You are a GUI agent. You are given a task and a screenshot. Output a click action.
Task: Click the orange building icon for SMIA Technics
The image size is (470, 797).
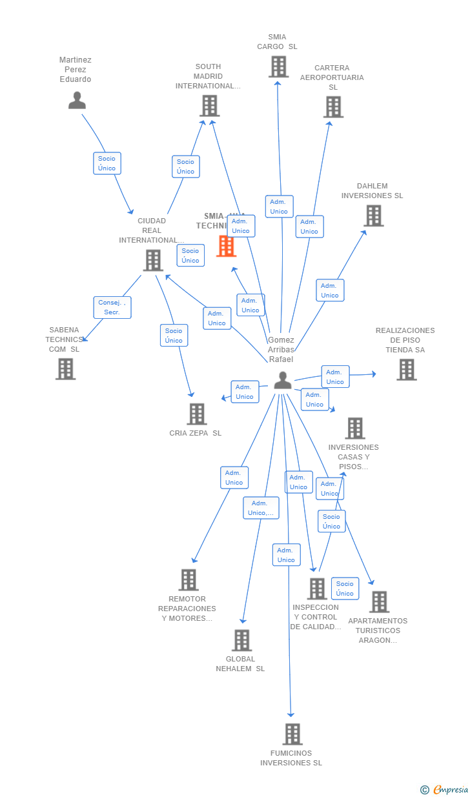click(x=226, y=246)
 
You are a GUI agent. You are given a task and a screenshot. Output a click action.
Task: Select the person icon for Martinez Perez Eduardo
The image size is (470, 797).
click(x=77, y=101)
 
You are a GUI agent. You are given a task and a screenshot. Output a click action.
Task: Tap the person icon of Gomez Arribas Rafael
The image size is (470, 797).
click(x=283, y=381)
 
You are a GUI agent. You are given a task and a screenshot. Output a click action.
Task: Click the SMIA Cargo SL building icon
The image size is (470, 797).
click(x=278, y=66)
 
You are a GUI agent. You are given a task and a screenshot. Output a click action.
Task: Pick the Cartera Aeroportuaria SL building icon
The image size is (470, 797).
click(x=333, y=107)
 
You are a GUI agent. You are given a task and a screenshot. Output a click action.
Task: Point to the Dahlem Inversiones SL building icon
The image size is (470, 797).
click(x=373, y=216)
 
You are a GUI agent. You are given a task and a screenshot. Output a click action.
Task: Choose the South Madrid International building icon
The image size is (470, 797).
click(x=209, y=106)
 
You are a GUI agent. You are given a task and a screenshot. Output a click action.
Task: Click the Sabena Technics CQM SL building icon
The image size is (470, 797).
click(x=65, y=369)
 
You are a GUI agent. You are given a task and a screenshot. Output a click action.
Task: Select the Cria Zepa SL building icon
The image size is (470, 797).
click(x=196, y=414)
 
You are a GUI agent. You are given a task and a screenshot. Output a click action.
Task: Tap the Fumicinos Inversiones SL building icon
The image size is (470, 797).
click(x=292, y=734)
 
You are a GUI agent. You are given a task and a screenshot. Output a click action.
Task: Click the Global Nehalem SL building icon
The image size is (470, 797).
click(x=241, y=640)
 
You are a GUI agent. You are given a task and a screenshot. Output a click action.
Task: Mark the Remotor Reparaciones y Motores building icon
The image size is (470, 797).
click(x=188, y=580)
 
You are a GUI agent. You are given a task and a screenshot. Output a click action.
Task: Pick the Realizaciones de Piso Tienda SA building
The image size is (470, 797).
click(x=406, y=370)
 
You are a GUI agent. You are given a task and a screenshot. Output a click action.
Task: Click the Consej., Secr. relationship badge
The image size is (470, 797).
click(x=113, y=307)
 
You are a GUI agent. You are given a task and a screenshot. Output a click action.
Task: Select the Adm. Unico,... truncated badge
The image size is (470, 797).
click(x=261, y=508)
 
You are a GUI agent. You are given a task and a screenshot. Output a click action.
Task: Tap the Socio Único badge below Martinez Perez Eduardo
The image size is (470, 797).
click(x=107, y=163)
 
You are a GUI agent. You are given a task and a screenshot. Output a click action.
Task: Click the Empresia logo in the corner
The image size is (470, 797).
click(x=450, y=789)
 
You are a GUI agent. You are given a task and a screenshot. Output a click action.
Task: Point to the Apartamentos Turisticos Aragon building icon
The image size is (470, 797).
click(x=379, y=602)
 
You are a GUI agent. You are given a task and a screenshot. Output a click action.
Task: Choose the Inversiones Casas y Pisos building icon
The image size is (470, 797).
click(x=354, y=428)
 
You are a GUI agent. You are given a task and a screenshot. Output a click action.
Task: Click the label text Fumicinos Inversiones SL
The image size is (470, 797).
click(x=291, y=758)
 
